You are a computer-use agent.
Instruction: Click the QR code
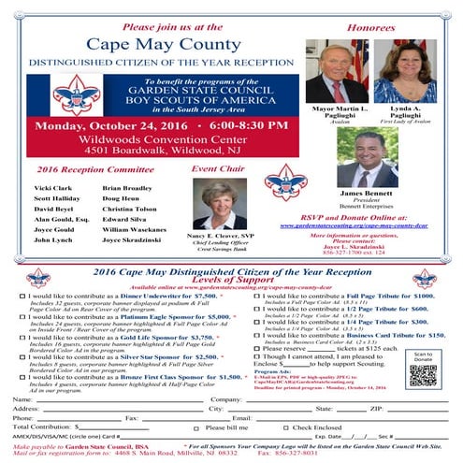[422, 375]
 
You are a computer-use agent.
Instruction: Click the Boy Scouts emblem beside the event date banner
[76, 95]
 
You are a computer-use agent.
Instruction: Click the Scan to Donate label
[423, 356]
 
